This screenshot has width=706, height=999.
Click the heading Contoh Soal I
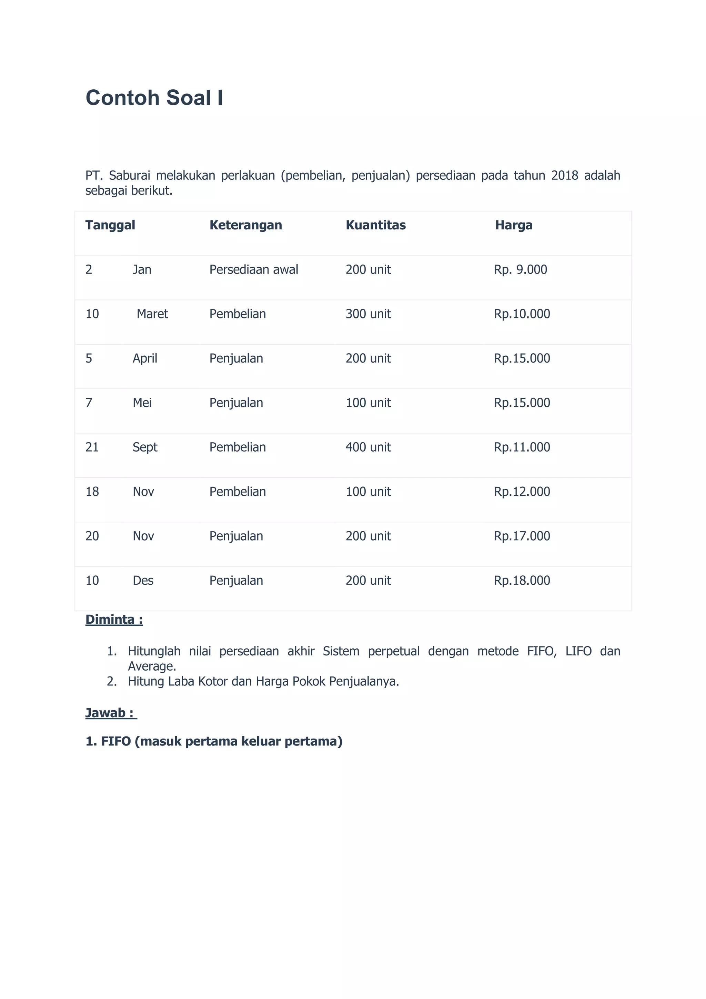click(154, 98)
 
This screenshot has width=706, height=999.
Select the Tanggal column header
click(110, 225)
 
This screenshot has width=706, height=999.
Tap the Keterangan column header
click(246, 225)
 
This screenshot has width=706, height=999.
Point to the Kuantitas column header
click(376, 225)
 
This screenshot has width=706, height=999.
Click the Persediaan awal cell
click(253, 270)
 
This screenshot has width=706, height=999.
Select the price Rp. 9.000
click(521, 270)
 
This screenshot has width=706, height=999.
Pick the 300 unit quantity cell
click(368, 314)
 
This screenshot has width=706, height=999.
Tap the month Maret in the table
click(152, 314)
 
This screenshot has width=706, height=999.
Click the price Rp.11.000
click(522, 447)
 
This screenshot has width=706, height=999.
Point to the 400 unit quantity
click(368, 447)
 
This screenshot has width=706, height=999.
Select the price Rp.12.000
click(522, 492)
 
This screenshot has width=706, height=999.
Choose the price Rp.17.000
click(522, 536)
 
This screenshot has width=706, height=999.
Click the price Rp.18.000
click(522, 581)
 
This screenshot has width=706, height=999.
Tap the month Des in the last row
click(143, 581)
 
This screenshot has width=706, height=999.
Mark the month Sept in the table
click(145, 447)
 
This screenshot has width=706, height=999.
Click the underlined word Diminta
click(110, 619)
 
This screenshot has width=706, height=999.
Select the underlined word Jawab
click(105, 713)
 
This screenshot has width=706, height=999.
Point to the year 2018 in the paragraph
click(564, 175)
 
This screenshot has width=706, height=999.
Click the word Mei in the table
click(142, 403)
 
